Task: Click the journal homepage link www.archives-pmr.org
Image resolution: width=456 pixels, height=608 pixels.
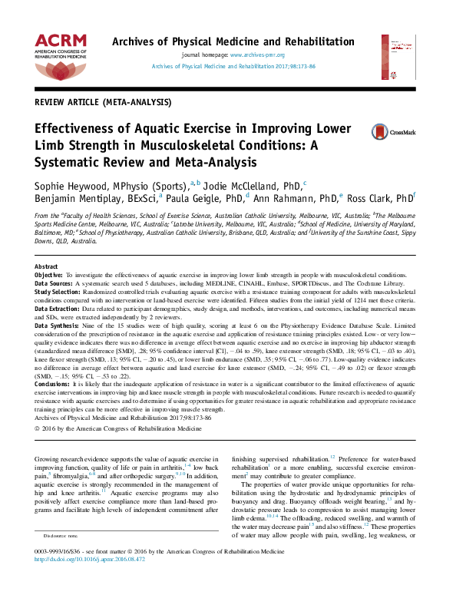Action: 257,56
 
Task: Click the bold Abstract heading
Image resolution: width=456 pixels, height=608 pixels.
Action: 48,266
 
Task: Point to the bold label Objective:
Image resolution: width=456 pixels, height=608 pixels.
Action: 50,274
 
